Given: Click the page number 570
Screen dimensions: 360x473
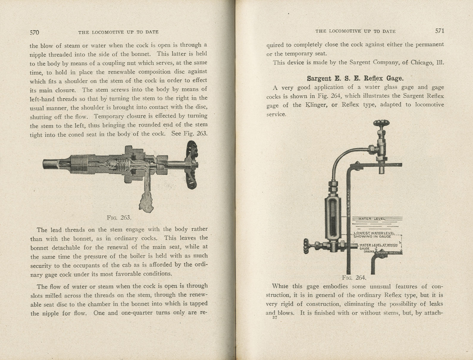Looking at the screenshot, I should (35, 32).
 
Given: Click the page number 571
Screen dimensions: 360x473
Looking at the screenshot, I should (439, 31).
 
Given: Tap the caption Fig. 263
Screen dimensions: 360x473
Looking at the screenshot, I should (119, 217).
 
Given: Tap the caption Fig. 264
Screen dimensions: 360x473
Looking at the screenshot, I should (354, 278).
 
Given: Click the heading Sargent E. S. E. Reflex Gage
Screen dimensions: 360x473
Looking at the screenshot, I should (355, 79).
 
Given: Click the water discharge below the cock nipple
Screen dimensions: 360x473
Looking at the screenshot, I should (146, 204).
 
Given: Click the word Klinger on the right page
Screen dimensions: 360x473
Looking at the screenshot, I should (312, 105).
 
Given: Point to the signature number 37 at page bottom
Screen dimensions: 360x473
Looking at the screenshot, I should (275, 317).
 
